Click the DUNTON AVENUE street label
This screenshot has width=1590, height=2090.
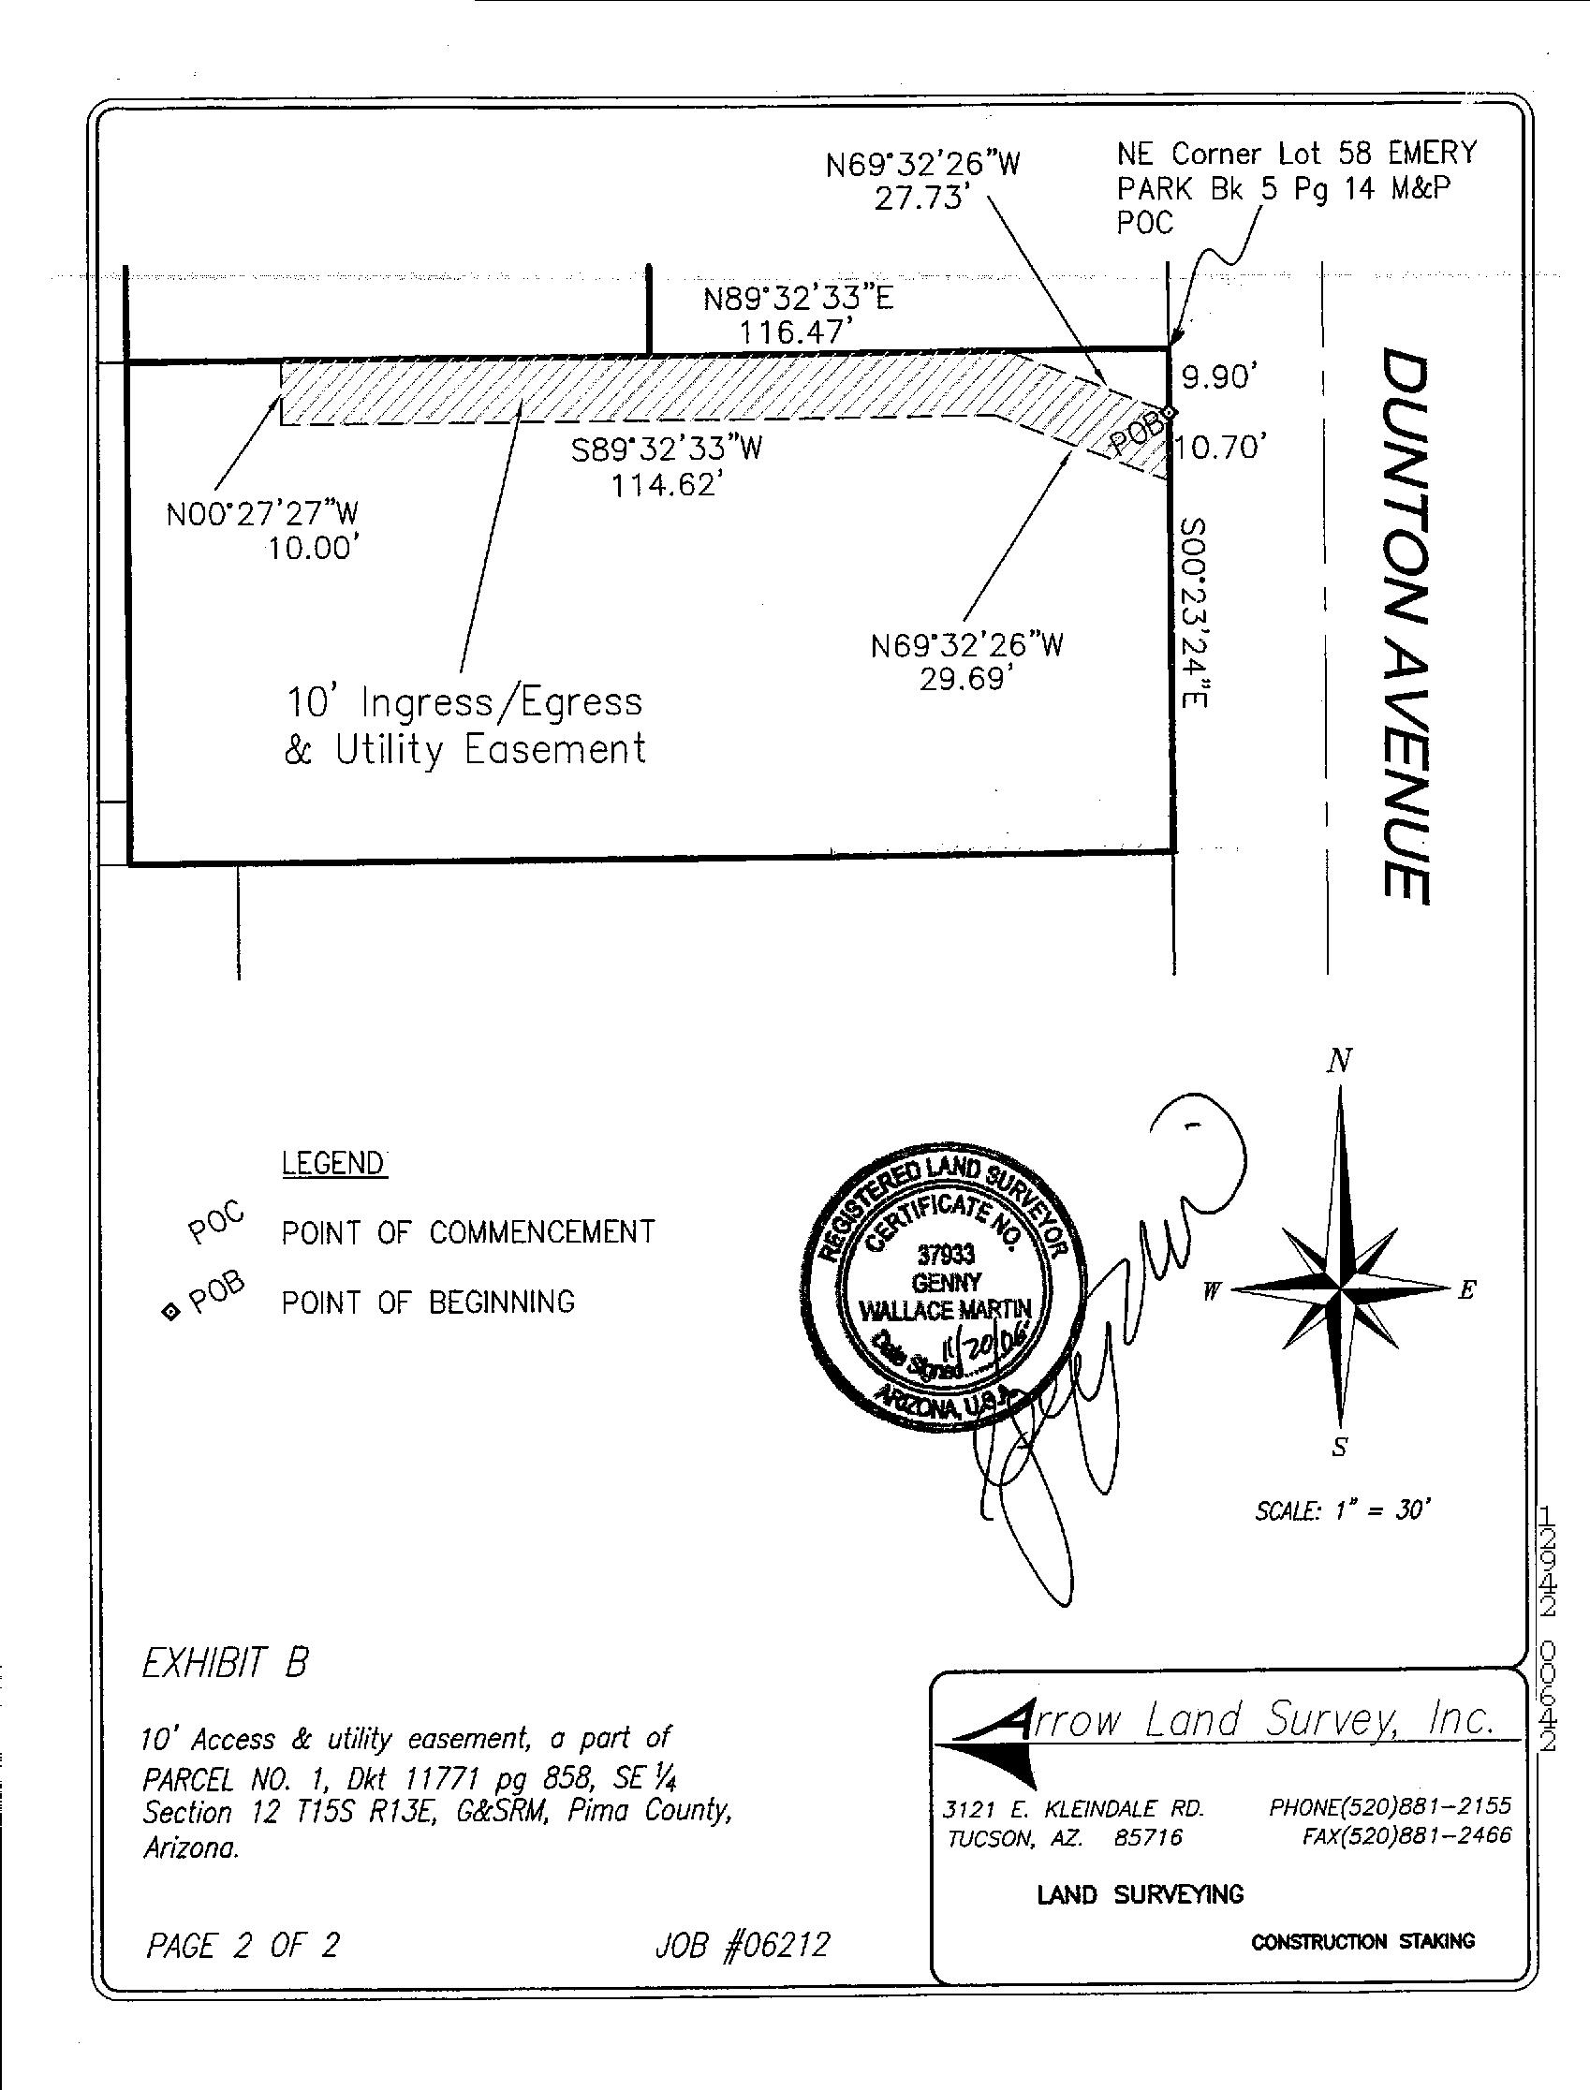point(1405,625)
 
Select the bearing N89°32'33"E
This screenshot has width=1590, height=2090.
point(798,299)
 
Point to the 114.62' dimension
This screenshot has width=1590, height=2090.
point(660,486)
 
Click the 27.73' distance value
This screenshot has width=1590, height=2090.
point(922,199)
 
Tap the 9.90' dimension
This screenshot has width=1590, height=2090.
point(1219,377)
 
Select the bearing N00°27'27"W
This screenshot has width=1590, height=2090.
point(262,514)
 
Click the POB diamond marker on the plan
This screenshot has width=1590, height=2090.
point(1170,412)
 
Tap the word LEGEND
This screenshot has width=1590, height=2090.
point(334,1163)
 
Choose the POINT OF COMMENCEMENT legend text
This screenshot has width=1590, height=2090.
point(467,1232)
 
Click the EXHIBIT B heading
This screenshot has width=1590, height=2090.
point(226,1663)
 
